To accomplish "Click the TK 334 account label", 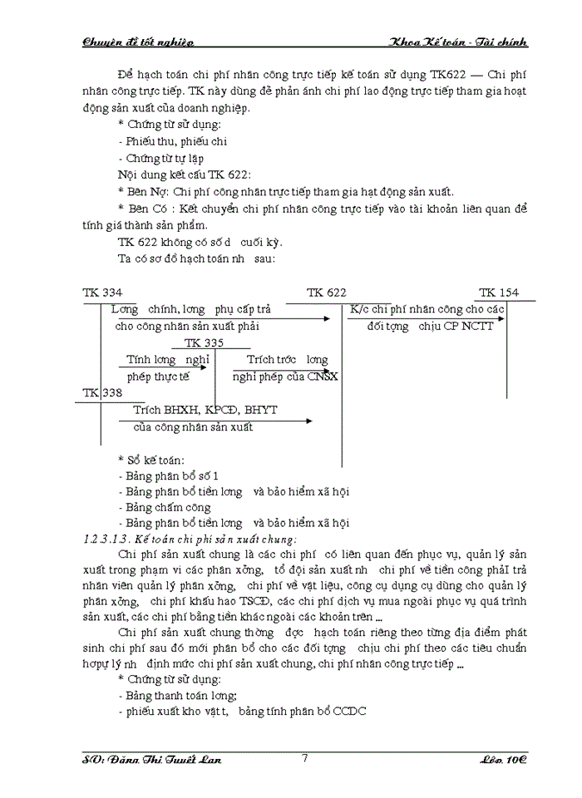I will (x=102, y=293).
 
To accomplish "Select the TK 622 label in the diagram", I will (x=326, y=293).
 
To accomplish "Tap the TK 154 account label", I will (x=498, y=293).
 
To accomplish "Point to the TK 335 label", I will (x=203, y=342).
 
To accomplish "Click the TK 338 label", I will (x=102, y=392).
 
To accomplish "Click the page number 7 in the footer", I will (x=305, y=758).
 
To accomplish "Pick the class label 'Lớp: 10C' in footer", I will (x=504, y=760).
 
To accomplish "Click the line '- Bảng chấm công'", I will (x=165, y=507).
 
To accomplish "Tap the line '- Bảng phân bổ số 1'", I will (x=169, y=475).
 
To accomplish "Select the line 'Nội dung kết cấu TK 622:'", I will (x=183, y=174).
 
